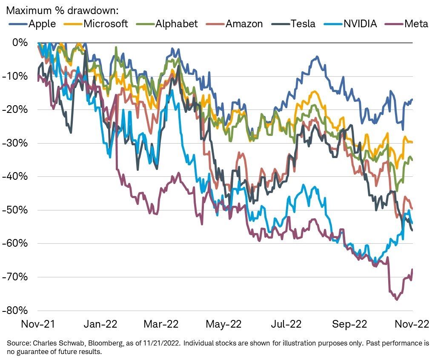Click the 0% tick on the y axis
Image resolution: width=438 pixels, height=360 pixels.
tap(20, 43)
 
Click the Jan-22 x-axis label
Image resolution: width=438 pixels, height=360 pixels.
tap(101, 325)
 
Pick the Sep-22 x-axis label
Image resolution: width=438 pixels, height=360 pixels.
tap(349, 325)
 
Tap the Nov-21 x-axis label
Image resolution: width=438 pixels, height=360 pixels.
tap(38, 325)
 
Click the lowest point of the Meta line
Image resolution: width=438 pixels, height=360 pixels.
tap(397, 300)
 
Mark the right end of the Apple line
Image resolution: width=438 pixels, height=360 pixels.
tap(412, 99)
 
